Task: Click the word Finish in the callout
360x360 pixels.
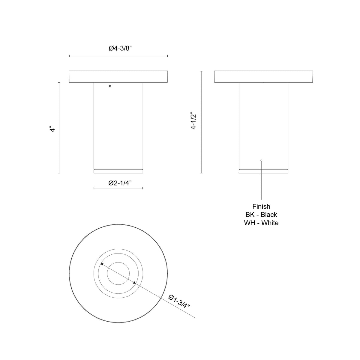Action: pos(261,206)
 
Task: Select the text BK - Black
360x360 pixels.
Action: pos(261,215)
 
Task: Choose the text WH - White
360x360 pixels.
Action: pos(261,223)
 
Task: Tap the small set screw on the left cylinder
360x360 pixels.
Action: pos(110,86)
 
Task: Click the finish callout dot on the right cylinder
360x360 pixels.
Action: pos(261,160)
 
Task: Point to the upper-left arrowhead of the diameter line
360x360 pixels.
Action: pos(102,264)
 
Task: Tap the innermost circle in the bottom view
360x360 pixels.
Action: pos(118,273)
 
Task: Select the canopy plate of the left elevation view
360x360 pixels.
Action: pos(118,77)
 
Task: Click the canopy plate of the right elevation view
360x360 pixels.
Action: pos(264,77)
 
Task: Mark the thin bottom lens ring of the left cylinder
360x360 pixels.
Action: pos(118,171)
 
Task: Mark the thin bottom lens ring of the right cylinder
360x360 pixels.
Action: pos(263,171)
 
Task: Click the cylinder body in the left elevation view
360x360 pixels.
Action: pos(118,126)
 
